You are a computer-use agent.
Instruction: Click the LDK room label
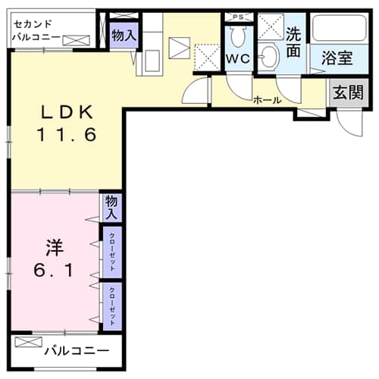click(66, 113)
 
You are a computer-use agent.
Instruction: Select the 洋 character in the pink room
click(53, 247)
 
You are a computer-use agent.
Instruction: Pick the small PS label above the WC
click(238, 17)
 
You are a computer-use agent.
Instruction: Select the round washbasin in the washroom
click(270, 57)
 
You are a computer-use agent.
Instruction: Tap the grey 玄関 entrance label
click(346, 94)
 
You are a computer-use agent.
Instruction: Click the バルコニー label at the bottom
click(76, 350)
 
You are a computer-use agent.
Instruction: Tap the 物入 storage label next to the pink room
click(111, 207)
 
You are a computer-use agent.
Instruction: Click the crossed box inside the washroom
click(270, 27)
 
